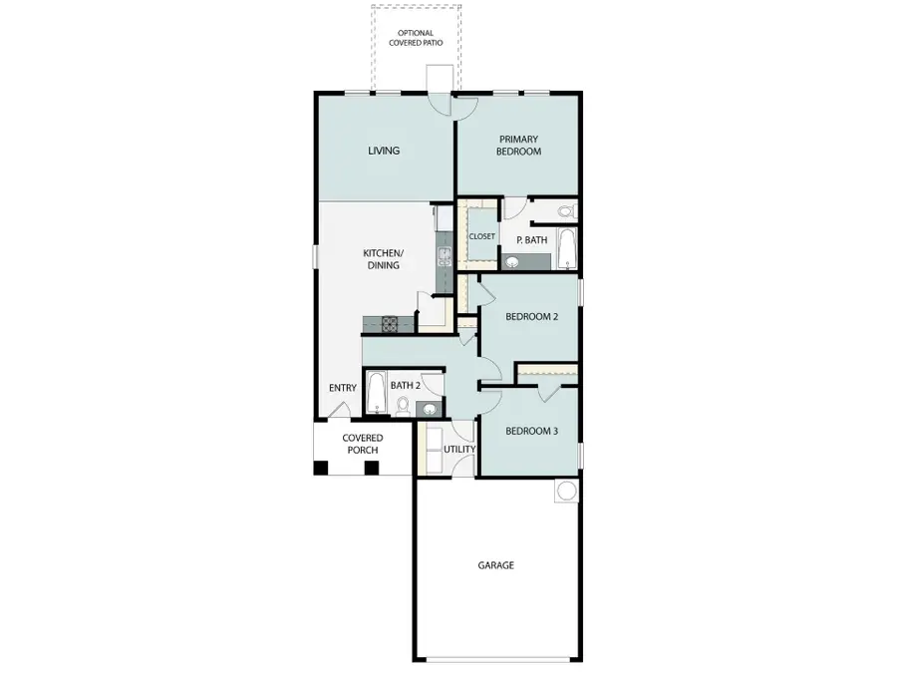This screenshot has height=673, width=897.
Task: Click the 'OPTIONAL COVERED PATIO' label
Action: [416, 38]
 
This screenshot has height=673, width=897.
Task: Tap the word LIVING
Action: [384, 151]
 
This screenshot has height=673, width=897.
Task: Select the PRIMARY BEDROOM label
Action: [520, 146]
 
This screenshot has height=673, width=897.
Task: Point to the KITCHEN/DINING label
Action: [382, 259]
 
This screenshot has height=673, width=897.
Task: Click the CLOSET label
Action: [482, 236]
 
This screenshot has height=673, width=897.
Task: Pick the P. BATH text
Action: [531, 240]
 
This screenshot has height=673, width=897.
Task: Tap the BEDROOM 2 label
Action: [530, 317]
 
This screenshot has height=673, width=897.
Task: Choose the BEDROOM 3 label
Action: [530, 431]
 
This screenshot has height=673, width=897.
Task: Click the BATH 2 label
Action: [404, 385]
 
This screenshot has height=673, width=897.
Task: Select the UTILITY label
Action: [459, 449]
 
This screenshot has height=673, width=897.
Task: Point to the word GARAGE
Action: [495, 565]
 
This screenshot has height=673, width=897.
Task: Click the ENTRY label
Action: [343, 388]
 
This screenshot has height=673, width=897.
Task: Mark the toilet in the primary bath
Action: [566, 211]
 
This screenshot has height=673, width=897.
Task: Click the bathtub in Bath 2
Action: [377, 392]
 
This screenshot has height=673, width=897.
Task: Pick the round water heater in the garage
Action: [566, 491]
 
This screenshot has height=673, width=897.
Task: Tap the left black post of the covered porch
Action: [321, 467]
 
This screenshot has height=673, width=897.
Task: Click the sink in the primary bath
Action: [513, 262]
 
